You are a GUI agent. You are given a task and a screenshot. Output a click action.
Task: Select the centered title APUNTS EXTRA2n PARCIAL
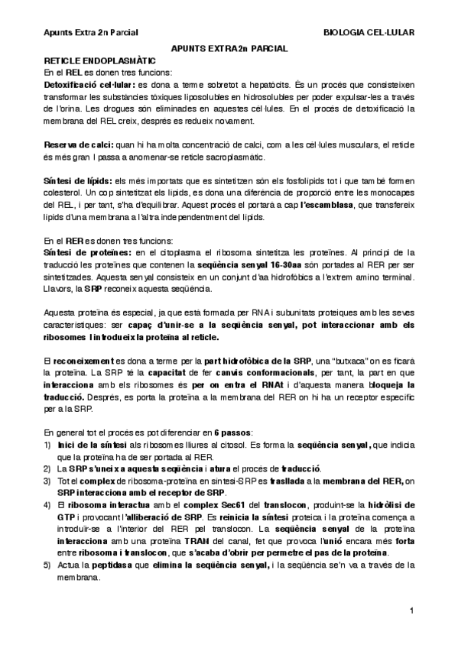229,48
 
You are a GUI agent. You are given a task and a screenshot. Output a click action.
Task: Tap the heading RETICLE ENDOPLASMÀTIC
99,60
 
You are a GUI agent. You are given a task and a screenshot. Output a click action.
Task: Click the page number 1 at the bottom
411,611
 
